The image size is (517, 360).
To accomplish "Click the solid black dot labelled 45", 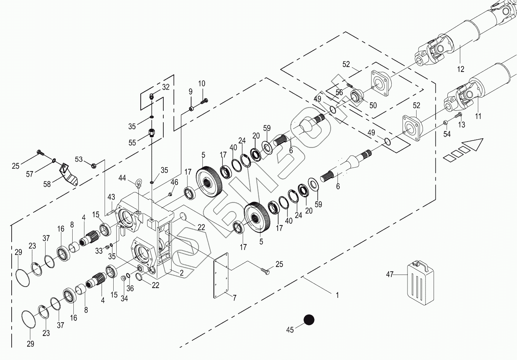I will pyautogui.click(x=309, y=320).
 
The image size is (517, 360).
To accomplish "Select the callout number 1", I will pyautogui.click(x=337, y=296).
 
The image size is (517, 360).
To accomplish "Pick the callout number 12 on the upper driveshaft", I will pyautogui.click(x=461, y=69).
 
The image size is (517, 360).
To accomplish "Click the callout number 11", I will pyautogui.click(x=478, y=116).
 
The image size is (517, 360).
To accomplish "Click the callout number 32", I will pyautogui.click(x=166, y=87).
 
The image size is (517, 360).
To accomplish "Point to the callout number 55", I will pyautogui.click(x=132, y=143).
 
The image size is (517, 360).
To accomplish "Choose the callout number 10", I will pyautogui.click(x=202, y=83).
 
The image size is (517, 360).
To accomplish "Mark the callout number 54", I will pyautogui.click(x=447, y=134).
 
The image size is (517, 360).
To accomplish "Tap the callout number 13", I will pyautogui.click(x=461, y=125).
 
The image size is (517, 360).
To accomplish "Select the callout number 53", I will pyautogui.click(x=79, y=159).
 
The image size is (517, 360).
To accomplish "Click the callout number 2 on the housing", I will pyautogui.click(x=181, y=273).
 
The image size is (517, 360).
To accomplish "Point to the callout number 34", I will pyautogui.click(x=125, y=299).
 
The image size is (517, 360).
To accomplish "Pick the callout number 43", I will pyautogui.click(x=111, y=197).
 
